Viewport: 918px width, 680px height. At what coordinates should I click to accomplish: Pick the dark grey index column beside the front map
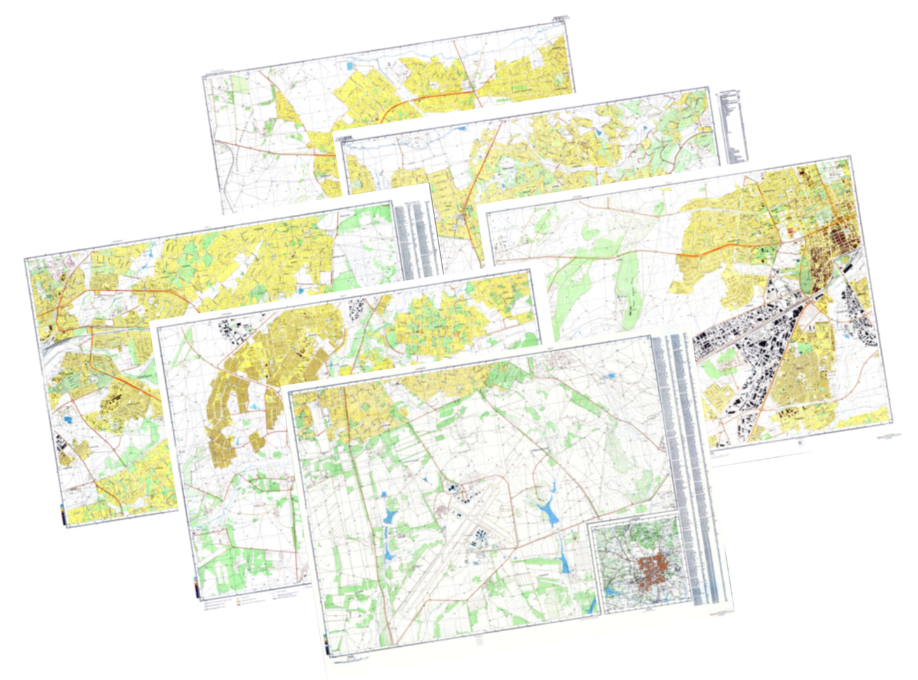tap(705, 559)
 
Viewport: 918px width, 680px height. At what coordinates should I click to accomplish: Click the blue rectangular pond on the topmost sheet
tap(350, 65)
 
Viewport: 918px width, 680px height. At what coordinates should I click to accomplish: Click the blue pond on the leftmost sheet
tap(66, 419)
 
